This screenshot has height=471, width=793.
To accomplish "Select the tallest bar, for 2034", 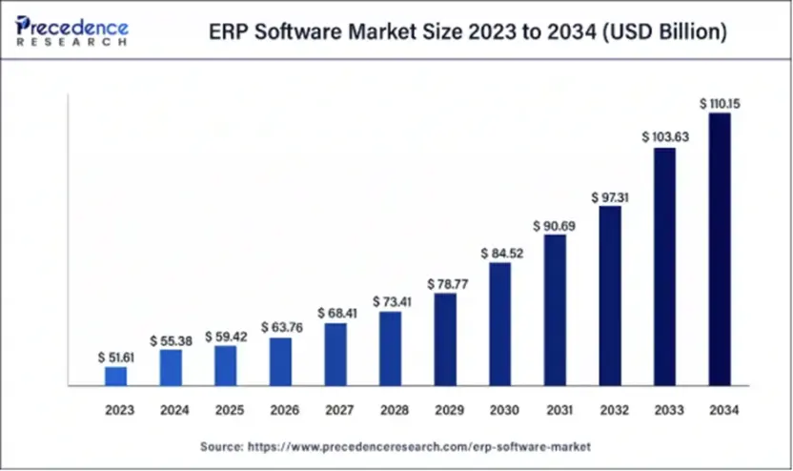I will [x=720, y=250].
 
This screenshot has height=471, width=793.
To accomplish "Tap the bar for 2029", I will [x=444, y=339].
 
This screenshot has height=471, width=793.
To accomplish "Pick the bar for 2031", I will [x=555, y=310].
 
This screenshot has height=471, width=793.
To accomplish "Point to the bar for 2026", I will [x=280, y=361].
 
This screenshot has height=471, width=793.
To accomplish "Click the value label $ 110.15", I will [x=720, y=102].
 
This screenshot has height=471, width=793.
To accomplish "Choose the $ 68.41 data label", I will [x=335, y=312].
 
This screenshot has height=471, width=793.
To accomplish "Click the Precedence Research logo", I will [x=71, y=31].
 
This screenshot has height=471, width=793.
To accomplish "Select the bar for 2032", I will [x=610, y=296].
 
